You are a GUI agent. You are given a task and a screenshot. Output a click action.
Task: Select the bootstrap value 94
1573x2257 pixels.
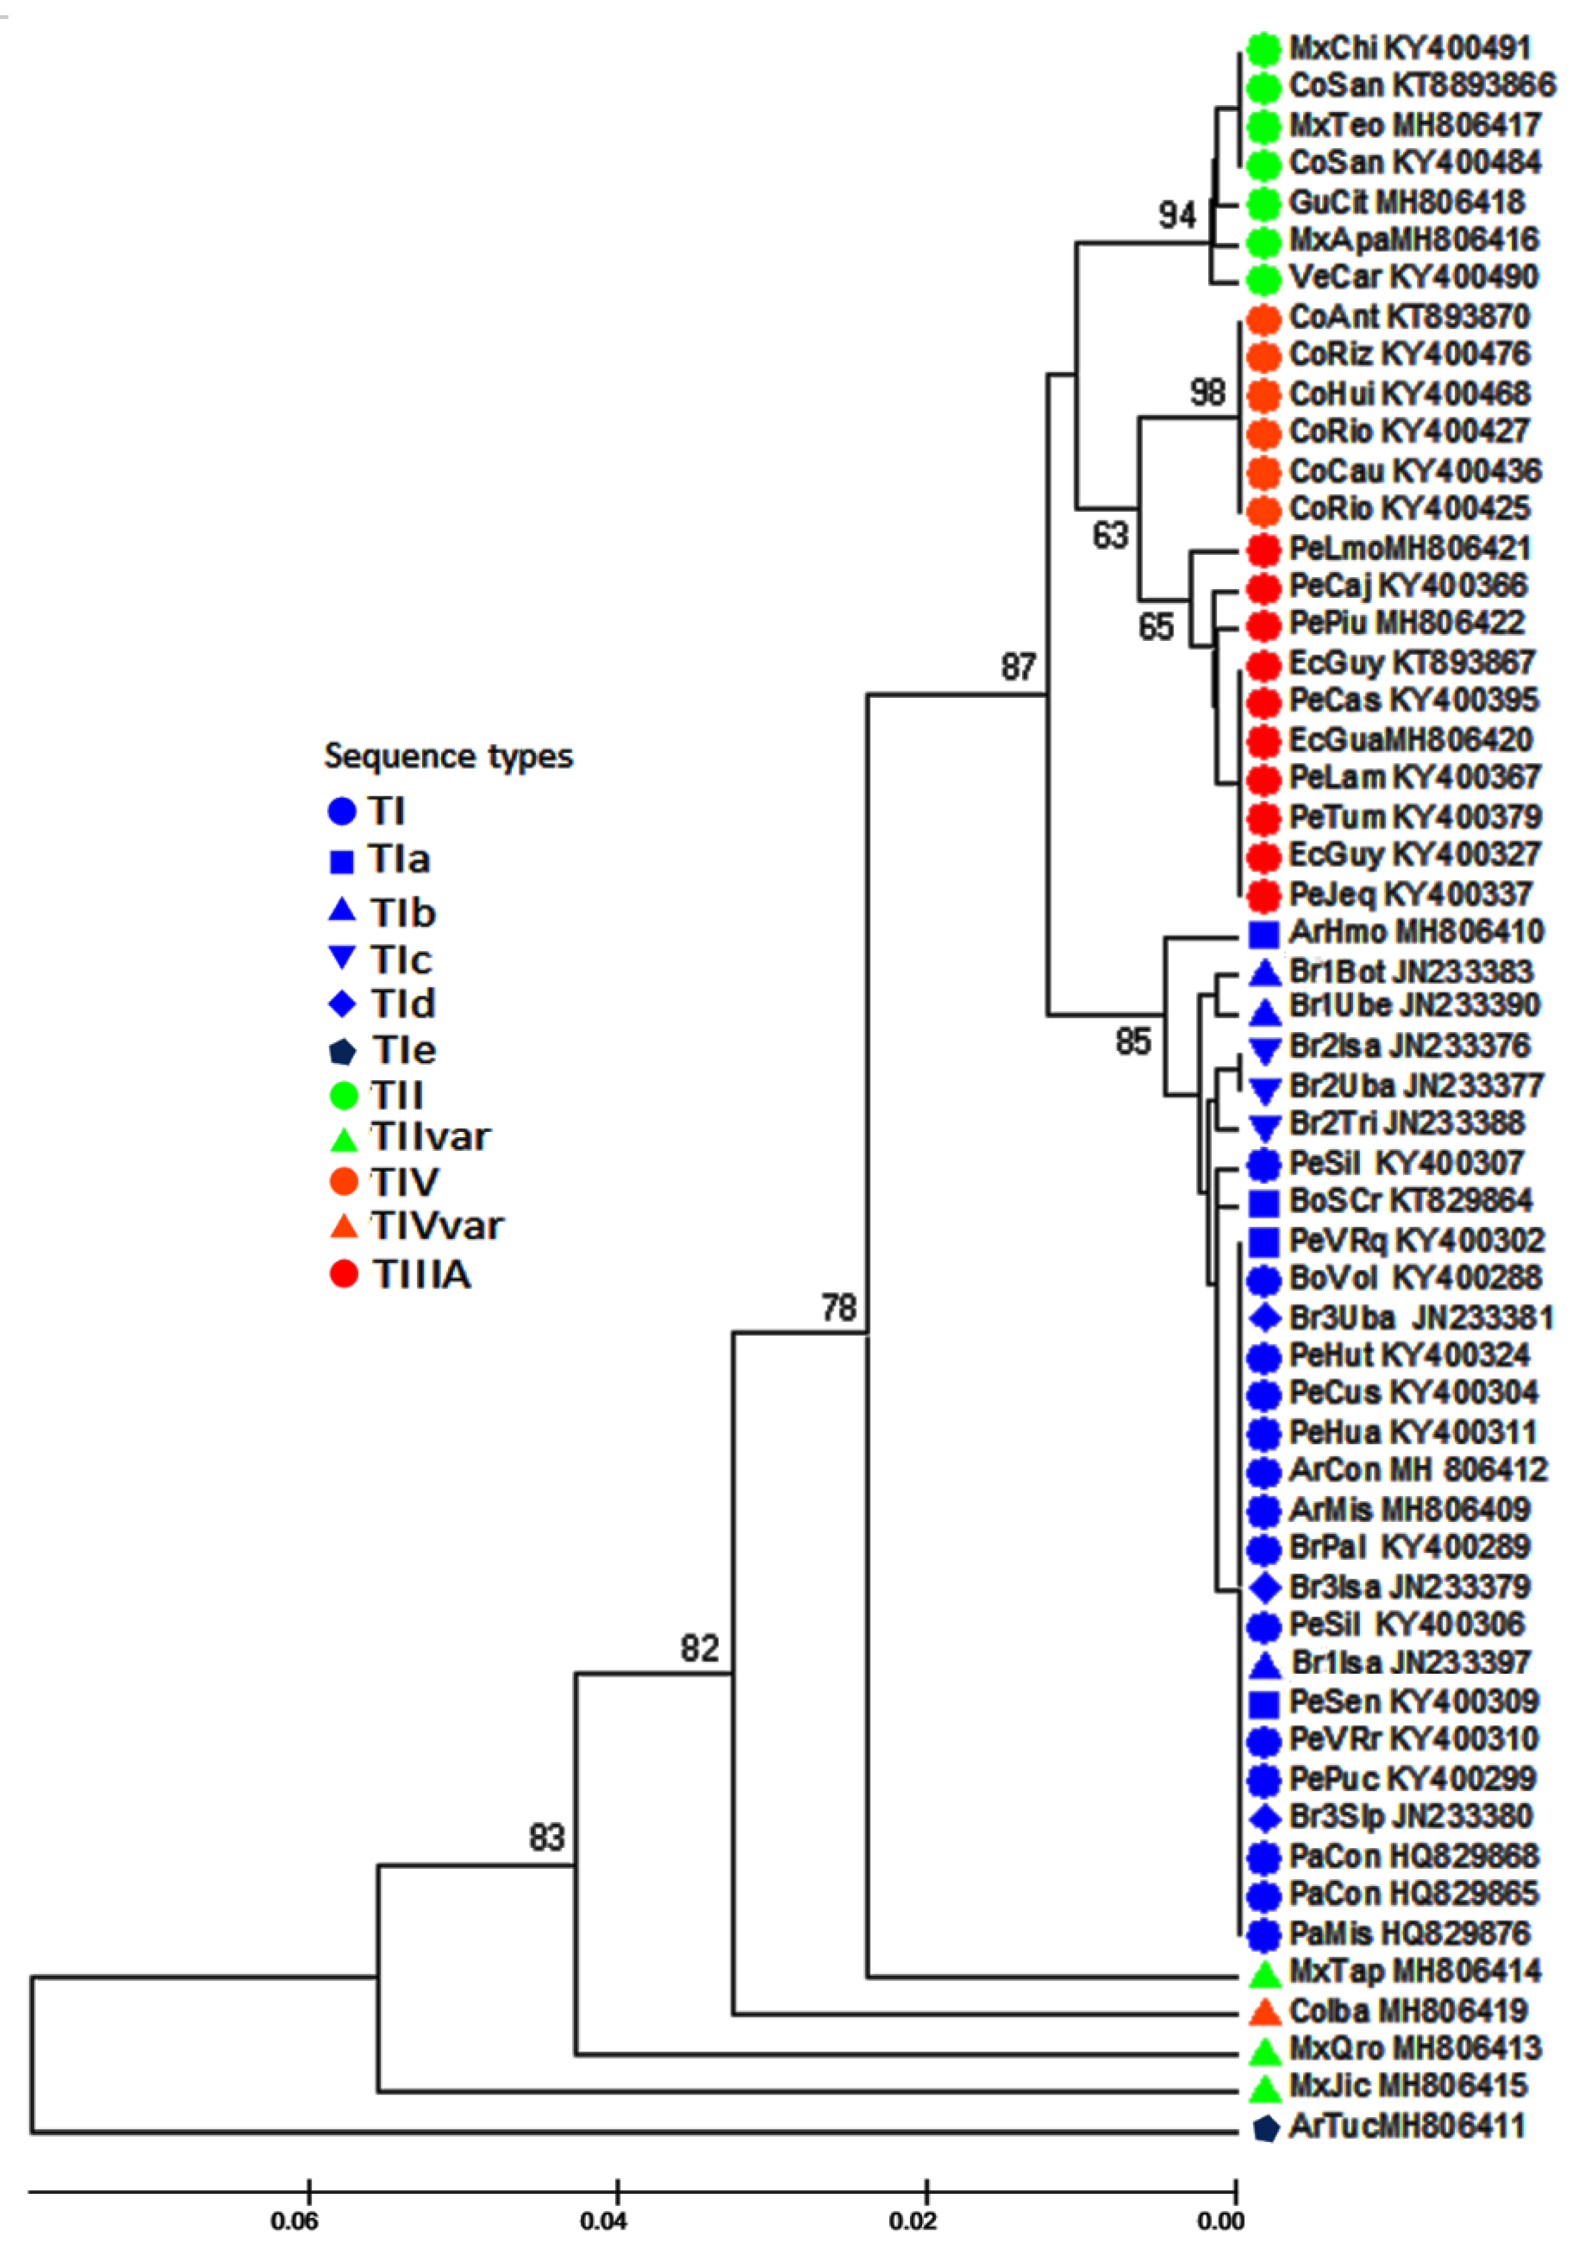1177,214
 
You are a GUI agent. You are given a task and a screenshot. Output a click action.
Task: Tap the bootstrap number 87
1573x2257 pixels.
1019,667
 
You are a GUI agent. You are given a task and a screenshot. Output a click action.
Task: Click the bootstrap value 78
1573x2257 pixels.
839,1308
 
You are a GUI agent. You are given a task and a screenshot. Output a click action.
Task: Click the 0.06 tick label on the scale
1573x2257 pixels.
294,2220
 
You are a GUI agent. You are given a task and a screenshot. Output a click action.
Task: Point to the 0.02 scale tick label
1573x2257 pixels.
913,2220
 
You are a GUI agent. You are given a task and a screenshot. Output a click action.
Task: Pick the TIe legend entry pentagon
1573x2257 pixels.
341,1052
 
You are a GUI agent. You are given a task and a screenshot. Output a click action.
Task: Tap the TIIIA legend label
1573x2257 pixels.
422,1275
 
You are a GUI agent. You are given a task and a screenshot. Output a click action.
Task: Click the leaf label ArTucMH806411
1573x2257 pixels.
1407,2128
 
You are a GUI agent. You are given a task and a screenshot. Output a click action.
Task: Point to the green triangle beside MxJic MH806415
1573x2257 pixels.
1265,2089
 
